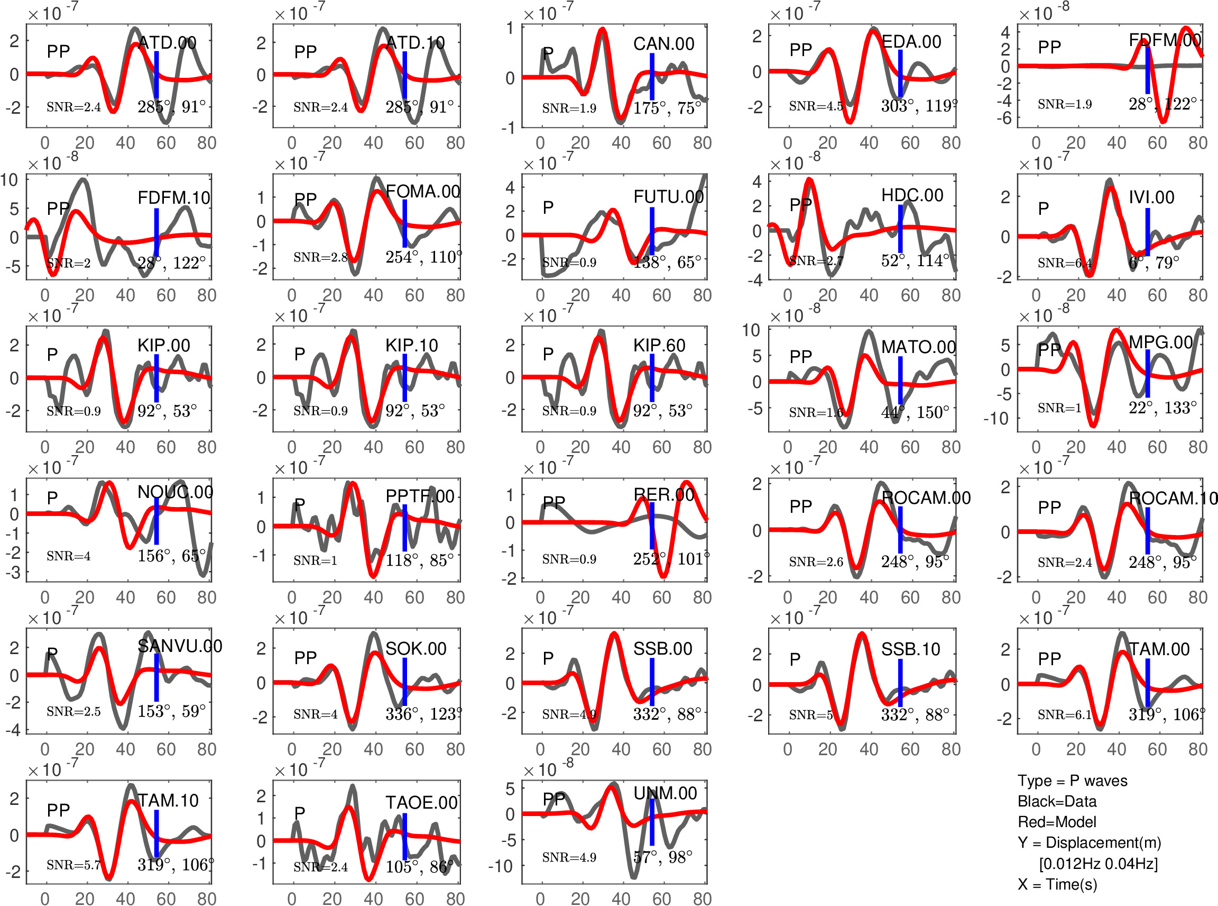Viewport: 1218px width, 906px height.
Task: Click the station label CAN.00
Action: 663,43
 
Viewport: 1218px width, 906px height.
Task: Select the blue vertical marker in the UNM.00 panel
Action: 652,821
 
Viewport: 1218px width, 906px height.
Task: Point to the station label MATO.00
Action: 918,347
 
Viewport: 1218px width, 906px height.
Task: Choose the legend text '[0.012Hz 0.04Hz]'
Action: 1098,863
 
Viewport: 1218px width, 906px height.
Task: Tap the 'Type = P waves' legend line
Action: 1072,781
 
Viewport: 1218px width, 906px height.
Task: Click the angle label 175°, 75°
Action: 667,108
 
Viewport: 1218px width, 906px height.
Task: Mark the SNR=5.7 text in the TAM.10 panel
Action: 73,865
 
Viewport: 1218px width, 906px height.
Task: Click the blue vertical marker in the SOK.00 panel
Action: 404,682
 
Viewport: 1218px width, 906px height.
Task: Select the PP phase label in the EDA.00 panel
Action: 800,50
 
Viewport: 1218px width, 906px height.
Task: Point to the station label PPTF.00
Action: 420,496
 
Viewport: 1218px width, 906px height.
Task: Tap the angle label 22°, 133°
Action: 1162,407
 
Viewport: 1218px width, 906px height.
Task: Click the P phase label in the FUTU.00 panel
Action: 548,207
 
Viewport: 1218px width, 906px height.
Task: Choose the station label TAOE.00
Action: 421,802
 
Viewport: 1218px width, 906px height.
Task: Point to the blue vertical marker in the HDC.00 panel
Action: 900,229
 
